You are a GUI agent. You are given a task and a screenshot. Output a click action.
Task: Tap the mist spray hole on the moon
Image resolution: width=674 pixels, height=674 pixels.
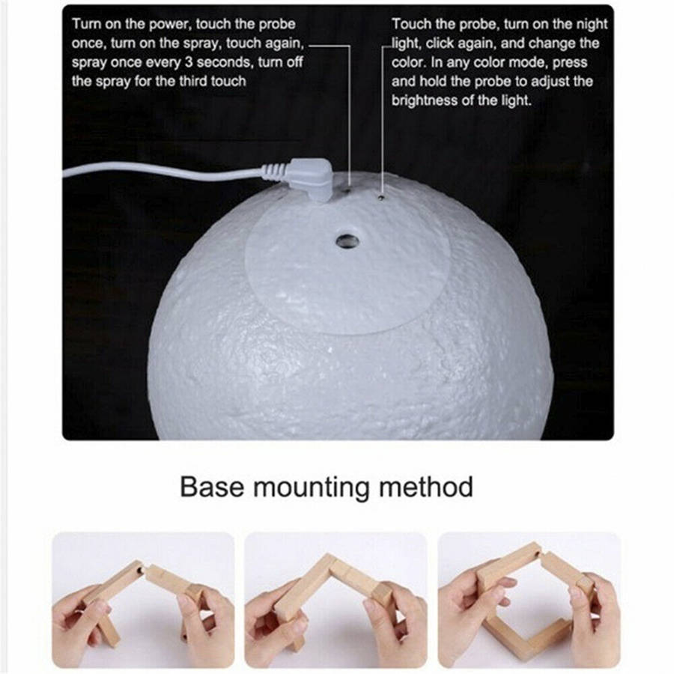coord(347,240)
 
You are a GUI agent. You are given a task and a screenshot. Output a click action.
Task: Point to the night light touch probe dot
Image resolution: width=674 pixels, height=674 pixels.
coord(381,197)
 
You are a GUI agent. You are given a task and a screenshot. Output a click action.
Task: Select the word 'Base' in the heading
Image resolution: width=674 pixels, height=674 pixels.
coord(212,488)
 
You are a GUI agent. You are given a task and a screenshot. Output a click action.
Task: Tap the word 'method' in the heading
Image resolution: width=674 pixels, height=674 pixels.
coord(426,488)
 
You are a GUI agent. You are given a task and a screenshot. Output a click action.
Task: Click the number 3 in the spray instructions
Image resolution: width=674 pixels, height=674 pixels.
coord(188,62)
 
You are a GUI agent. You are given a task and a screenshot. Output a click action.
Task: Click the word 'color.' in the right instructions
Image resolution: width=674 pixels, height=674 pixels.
coord(409,62)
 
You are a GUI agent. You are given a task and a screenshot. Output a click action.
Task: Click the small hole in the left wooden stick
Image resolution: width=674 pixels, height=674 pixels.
coord(141,570)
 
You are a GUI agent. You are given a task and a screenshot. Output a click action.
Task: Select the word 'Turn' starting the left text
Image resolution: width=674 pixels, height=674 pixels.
coord(86,24)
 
